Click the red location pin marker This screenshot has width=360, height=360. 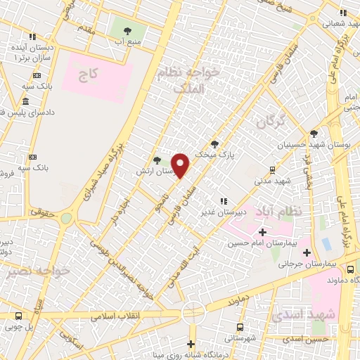click(181, 165)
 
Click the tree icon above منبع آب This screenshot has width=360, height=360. click(127, 30)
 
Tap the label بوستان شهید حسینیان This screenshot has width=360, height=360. click(314, 144)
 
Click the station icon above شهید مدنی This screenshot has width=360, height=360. click(272, 169)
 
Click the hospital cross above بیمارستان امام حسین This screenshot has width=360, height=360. click(263, 232)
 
